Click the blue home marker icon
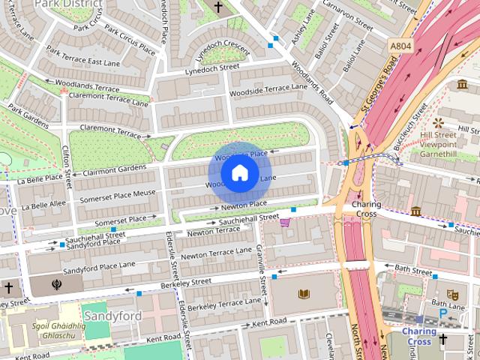pyautogui.click(x=239, y=173)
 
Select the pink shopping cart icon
pyautogui.click(x=285, y=221)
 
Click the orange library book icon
pyautogui.click(x=304, y=294)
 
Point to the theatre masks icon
pyautogui.click(x=451, y=295)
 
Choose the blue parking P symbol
pyautogui.click(x=442, y=313)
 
